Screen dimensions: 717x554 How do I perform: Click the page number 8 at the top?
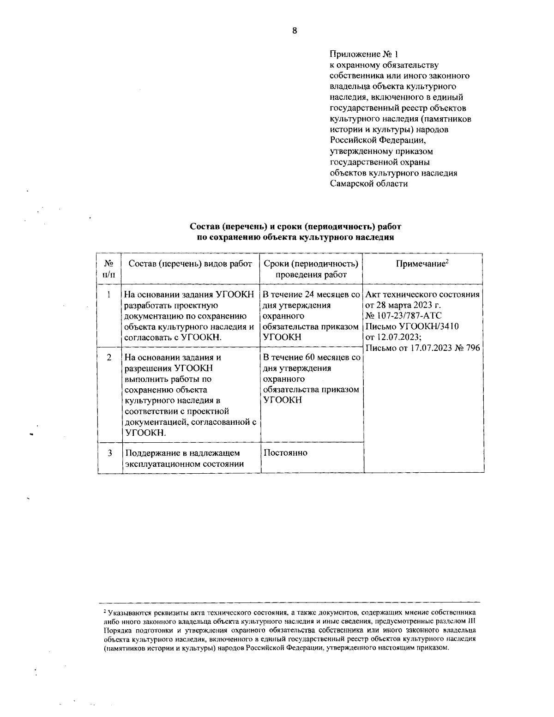click(295, 31)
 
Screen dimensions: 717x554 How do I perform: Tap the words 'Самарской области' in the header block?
click(369, 183)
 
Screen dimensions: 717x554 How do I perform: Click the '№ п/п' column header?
click(109, 269)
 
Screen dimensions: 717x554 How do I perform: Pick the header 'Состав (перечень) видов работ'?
click(190, 264)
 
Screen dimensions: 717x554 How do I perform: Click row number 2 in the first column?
click(109, 357)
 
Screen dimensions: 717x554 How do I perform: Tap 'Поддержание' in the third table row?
click(152, 453)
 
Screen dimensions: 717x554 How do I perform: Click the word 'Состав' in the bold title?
click(205, 227)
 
